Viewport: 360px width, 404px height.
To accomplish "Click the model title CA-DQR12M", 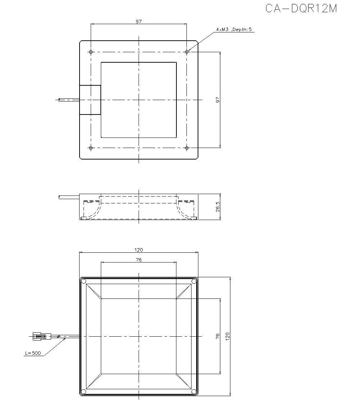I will coord(301,8).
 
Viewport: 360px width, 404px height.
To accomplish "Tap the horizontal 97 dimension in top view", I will coord(139,22).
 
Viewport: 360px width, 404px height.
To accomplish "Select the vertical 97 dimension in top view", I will coord(217,100).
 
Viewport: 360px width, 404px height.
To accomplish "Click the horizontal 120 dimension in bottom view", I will coord(139,250).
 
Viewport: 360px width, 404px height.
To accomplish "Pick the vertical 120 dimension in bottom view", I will coord(227,336).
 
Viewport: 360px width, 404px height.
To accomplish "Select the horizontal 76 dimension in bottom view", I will coord(139,260).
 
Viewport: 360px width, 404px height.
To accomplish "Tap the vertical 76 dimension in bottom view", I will coord(217,336).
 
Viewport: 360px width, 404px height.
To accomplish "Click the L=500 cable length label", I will coord(32,353).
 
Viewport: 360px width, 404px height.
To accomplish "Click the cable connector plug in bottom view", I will coord(40,337).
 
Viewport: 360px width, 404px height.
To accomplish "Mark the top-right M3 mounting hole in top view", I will coord(186,52).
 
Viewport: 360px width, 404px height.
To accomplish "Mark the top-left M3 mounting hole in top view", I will coord(91,52).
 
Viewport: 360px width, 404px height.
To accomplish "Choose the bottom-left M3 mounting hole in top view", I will coord(91,148).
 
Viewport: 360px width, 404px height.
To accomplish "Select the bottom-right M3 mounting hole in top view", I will coord(186,148).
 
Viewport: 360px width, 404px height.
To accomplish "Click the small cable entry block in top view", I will coord(90,100).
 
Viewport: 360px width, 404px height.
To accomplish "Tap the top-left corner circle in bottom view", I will coord(84,281).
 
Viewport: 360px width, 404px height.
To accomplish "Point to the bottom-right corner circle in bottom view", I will coord(194,391).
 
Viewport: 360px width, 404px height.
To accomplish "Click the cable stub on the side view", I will coord(69,197).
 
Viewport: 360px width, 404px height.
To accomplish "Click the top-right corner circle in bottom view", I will coord(194,281).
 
